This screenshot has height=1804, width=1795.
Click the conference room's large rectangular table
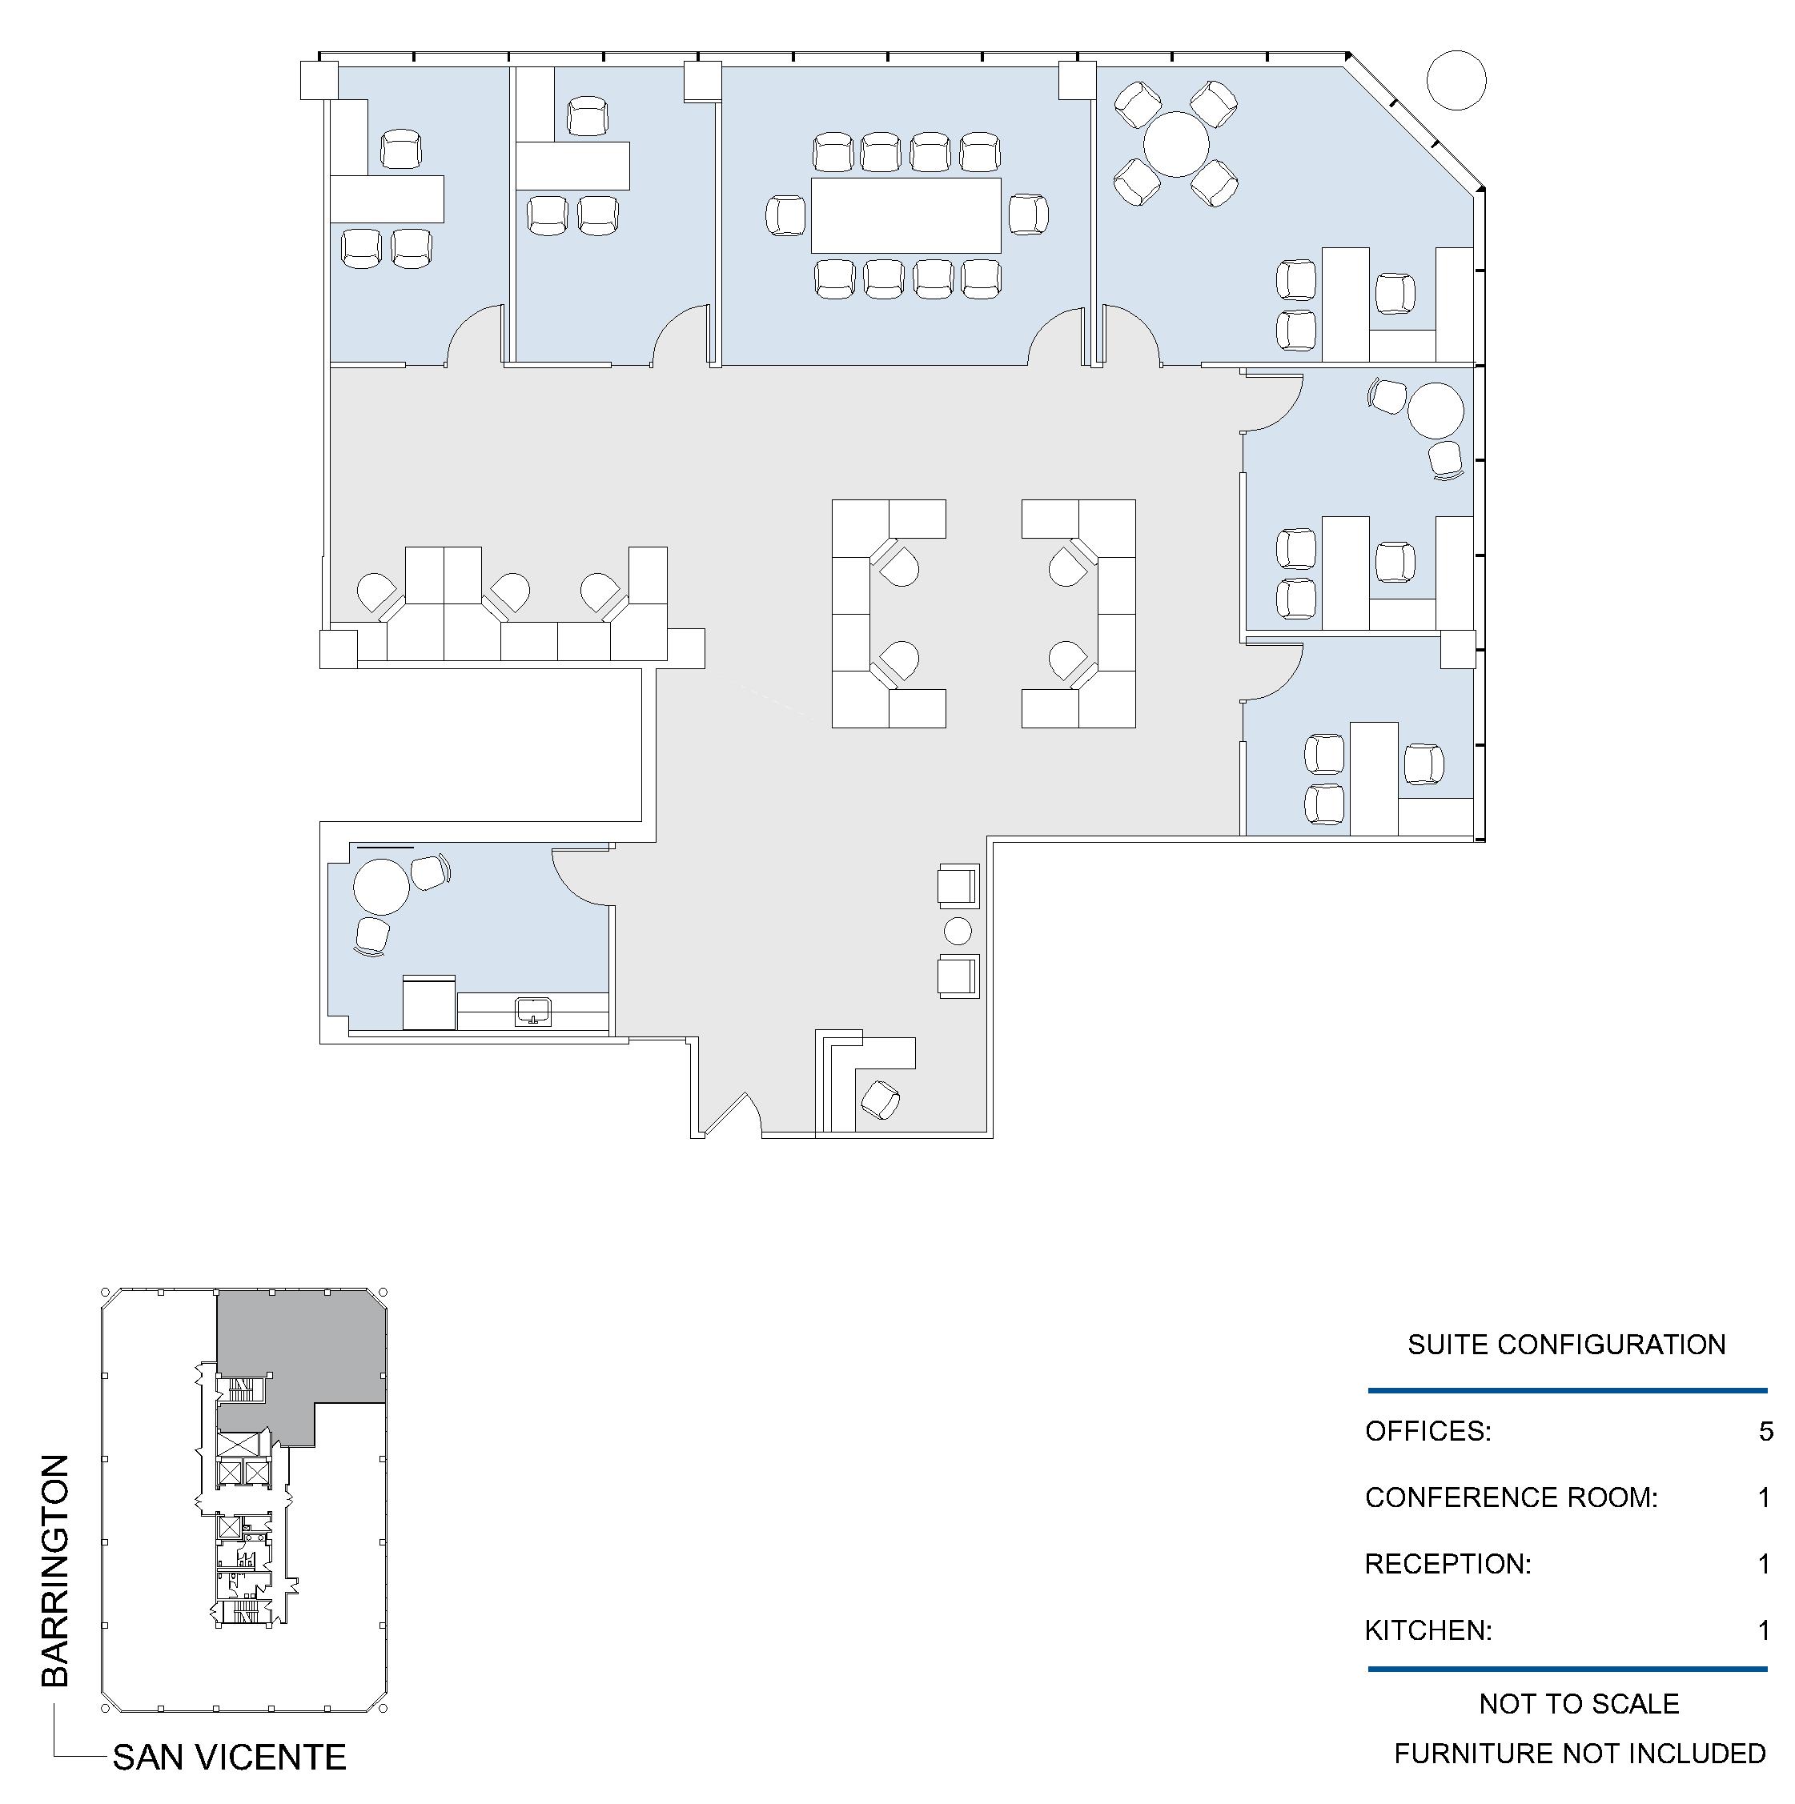click(905, 214)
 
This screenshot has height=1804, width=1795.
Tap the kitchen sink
click(533, 1012)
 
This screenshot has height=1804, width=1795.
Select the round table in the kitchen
click(381, 886)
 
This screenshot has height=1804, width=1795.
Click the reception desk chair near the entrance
click(880, 1100)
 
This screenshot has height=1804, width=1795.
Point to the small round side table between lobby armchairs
click(958, 931)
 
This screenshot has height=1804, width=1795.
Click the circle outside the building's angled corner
click(1456, 80)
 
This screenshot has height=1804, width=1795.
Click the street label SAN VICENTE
click(229, 1758)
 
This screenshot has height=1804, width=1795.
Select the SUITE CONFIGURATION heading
click(1566, 1345)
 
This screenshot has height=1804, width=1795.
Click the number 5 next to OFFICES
click(1765, 1431)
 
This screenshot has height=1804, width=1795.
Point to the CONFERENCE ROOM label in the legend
click(1510, 1497)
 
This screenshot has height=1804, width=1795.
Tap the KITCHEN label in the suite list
click(1428, 1630)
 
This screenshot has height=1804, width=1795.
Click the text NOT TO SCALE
click(1578, 1704)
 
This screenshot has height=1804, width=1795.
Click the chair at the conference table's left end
click(785, 216)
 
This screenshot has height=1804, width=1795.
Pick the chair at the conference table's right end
click(1028, 214)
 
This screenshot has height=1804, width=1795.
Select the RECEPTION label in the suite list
click(1448, 1564)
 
